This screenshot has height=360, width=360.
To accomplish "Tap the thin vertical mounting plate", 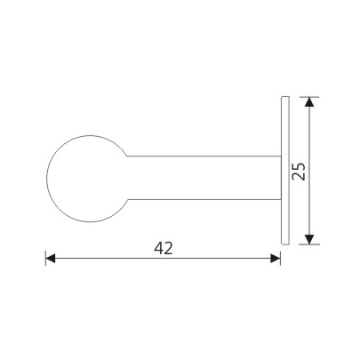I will [x=284, y=169].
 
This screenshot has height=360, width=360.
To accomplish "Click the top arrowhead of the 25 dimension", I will [x=308, y=101].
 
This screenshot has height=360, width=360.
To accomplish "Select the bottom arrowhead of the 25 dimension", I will [x=308, y=237].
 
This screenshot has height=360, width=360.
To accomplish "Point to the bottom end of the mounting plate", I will [x=284, y=243].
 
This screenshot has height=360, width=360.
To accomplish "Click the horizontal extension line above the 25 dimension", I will [x=302, y=96].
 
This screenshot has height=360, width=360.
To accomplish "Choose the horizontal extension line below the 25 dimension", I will [x=302, y=244].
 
